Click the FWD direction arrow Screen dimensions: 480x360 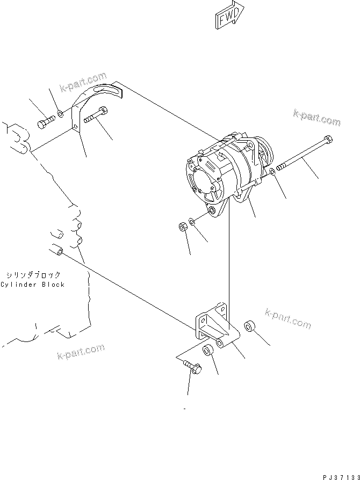[x=228, y=16]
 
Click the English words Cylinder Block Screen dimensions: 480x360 [x=33, y=285]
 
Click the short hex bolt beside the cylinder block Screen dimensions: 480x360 [x=46, y=121]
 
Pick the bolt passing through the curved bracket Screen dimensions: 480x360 [x=97, y=114]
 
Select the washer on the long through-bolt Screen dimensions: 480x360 [x=273, y=171]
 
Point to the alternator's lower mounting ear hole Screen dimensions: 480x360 [x=213, y=211]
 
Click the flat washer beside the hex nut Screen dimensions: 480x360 [x=192, y=221]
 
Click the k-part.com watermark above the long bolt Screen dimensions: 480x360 [x=317, y=118]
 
